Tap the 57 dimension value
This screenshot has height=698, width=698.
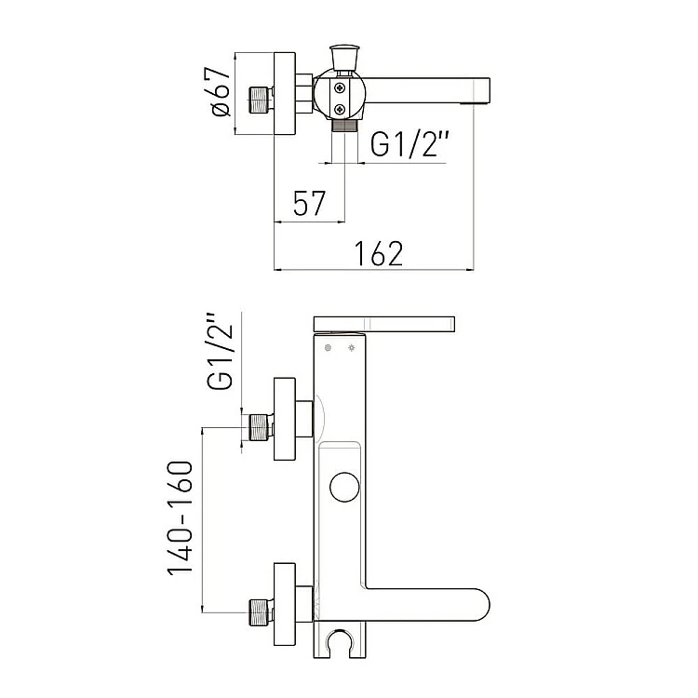[x=309, y=203]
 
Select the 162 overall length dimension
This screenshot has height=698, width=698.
[x=379, y=253]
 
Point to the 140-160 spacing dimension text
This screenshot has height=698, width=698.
[x=181, y=517]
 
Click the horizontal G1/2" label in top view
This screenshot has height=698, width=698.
[x=409, y=143]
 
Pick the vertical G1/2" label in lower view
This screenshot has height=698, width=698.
[x=220, y=351]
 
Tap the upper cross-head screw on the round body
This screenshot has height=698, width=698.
[x=340, y=88]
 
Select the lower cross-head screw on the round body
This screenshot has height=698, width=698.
[x=340, y=109]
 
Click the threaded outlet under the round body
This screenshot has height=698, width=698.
[x=344, y=125]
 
